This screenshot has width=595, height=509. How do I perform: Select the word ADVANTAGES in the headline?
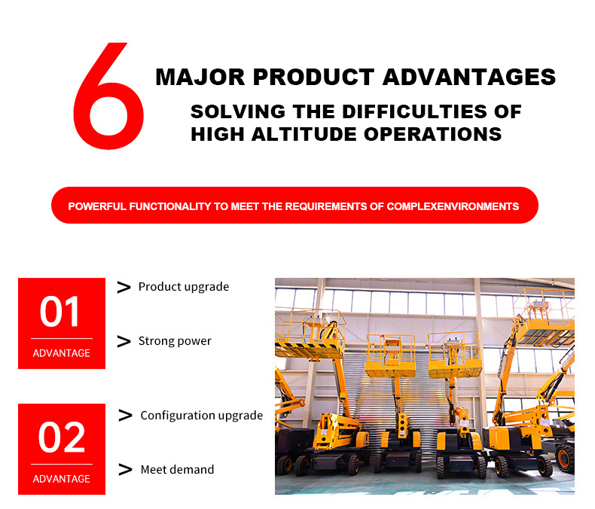point(469,77)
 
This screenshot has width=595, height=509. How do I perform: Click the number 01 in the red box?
point(61,312)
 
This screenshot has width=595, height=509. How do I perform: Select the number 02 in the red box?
point(61,438)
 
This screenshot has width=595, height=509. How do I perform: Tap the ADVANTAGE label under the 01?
point(62,353)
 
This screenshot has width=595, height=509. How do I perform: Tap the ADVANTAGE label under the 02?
point(62,479)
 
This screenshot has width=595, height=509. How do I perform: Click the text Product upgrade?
point(184,287)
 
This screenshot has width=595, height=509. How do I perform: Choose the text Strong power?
point(175,341)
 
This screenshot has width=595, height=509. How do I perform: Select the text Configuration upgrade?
point(202,416)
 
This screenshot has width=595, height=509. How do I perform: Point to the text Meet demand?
point(177,470)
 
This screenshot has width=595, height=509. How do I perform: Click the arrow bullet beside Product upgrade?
point(124,287)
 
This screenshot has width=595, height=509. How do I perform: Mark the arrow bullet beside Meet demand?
point(126,470)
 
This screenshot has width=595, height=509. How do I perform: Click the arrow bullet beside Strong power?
point(124,342)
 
